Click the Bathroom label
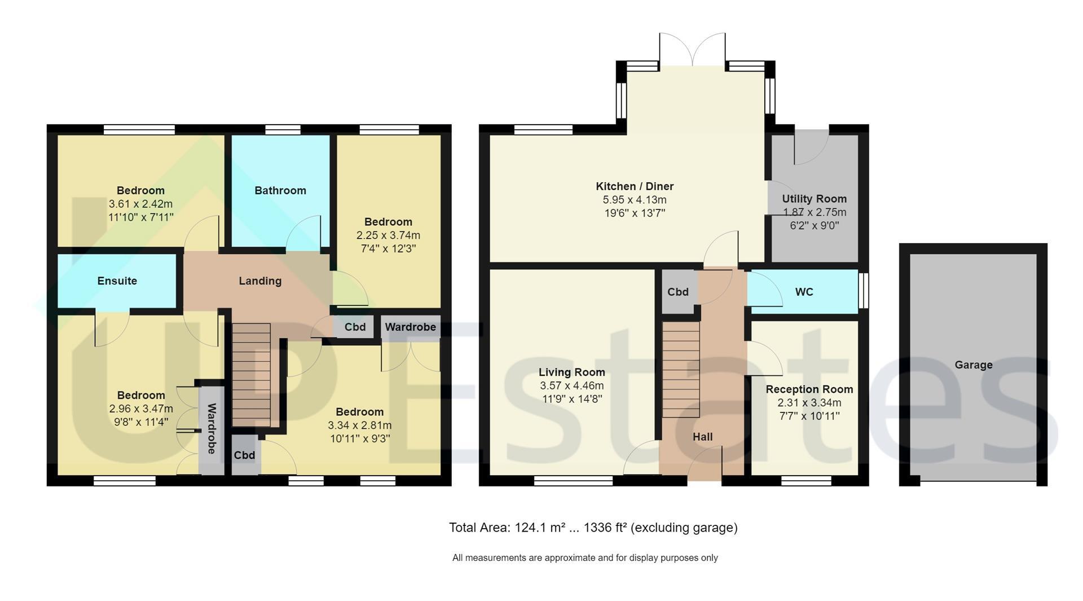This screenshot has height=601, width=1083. pyautogui.click(x=280, y=191)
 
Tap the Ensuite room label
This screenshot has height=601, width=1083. pyautogui.click(x=117, y=281)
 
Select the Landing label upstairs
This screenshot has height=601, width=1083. pyautogui.click(x=260, y=281)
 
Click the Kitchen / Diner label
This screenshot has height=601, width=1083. pyautogui.click(x=635, y=186)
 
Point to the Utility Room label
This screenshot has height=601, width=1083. pyautogui.click(x=814, y=199)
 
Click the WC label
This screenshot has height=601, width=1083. pyautogui.click(x=804, y=292)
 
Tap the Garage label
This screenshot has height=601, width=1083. pyautogui.click(x=974, y=365)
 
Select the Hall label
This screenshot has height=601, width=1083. pyautogui.click(x=703, y=437)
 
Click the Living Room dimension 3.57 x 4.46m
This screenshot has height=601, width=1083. pyautogui.click(x=572, y=386)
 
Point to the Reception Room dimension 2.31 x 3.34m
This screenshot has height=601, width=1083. pyautogui.click(x=809, y=403)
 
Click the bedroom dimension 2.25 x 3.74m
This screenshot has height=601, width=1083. pyautogui.click(x=388, y=235)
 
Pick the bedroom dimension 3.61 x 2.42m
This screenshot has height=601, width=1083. pyautogui.click(x=141, y=204)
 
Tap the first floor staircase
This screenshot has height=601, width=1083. pyautogui.click(x=252, y=375)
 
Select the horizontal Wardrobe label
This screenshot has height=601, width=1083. pyautogui.click(x=411, y=327)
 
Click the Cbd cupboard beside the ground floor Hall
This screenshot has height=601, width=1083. pyautogui.click(x=678, y=292)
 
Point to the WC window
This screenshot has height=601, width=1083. pyautogui.click(x=863, y=291)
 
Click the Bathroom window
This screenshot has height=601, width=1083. pyautogui.click(x=283, y=130)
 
